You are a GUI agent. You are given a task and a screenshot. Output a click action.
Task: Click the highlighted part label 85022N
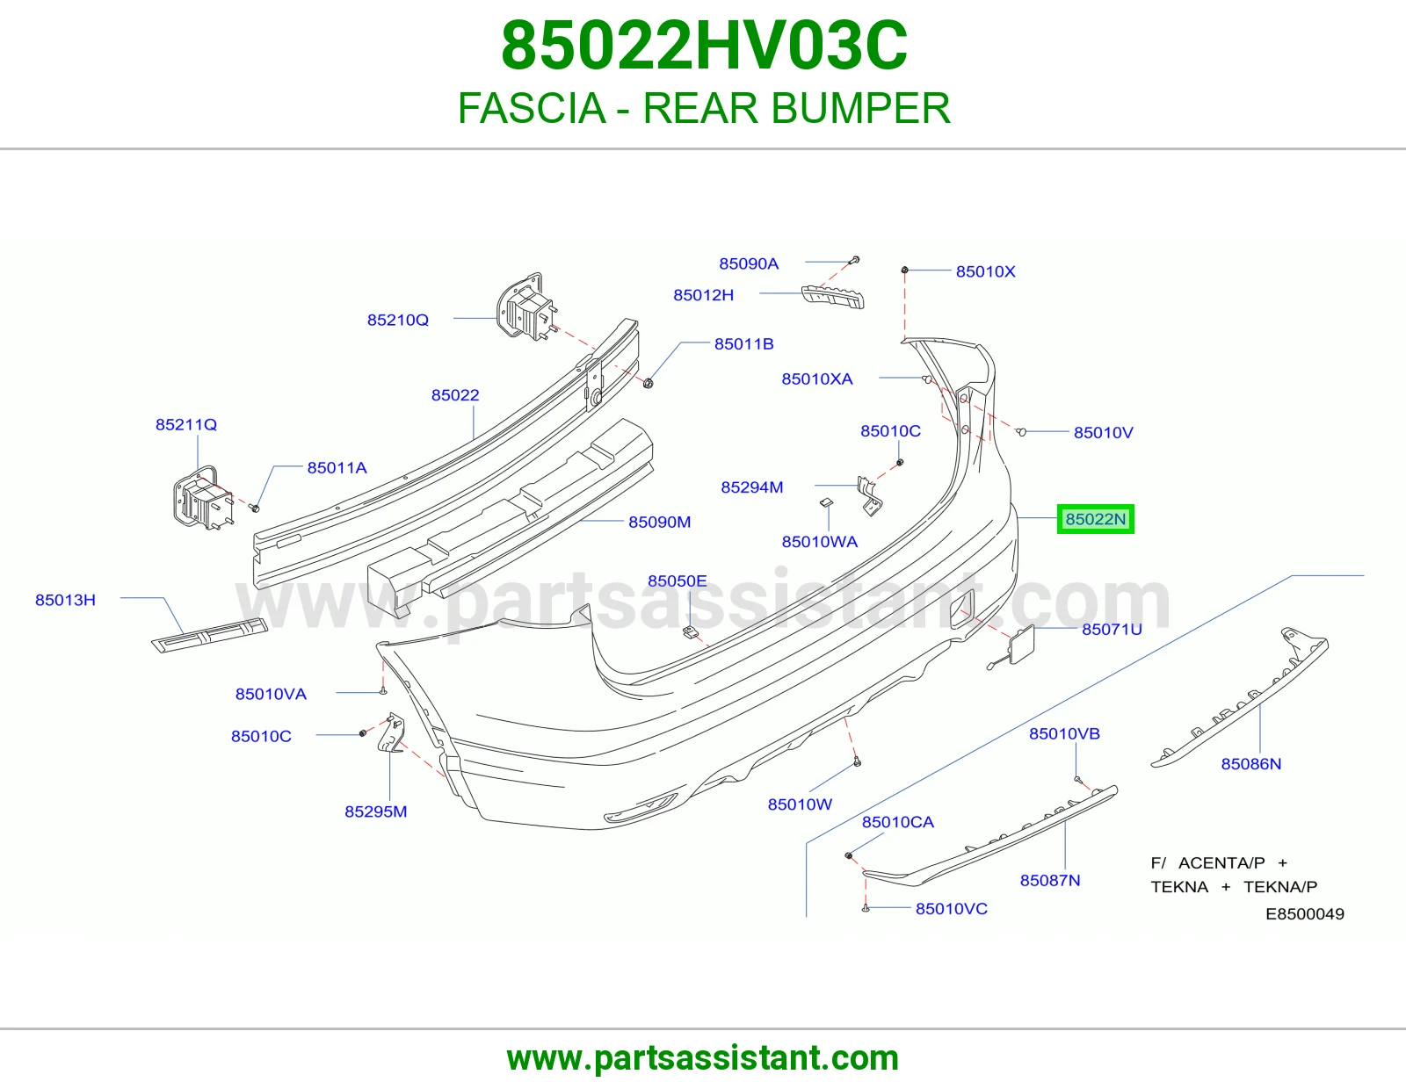click(x=1095, y=519)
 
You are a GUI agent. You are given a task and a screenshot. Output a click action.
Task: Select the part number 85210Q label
click(x=398, y=320)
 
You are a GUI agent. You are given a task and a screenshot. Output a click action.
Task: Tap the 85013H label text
click(x=65, y=600)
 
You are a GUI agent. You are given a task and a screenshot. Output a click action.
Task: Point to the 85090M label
click(x=659, y=522)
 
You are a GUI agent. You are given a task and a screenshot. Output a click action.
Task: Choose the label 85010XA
click(x=817, y=379)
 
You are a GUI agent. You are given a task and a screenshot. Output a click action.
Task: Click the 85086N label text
click(x=1250, y=764)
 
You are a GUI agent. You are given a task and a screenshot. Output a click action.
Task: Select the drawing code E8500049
click(x=1304, y=913)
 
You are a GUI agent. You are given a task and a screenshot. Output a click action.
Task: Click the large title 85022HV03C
click(x=704, y=46)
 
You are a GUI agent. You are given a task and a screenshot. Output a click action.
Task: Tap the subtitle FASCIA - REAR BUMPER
click(x=704, y=108)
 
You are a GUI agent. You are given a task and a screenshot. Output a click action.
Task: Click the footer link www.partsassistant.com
click(x=703, y=1058)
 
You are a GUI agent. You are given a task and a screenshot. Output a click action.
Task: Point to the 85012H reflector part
click(x=833, y=298)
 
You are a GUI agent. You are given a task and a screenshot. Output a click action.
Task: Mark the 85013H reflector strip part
click(x=209, y=635)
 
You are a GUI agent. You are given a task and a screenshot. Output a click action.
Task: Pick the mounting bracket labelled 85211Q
click(x=202, y=498)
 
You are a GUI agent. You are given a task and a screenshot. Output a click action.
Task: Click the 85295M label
click(x=376, y=811)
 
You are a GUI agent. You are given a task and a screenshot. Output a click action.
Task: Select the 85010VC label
click(x=951, y=909)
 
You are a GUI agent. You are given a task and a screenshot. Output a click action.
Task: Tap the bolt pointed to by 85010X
click(x=904, y=270)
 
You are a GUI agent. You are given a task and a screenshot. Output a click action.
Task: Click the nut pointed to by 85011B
click(x=649, y=384)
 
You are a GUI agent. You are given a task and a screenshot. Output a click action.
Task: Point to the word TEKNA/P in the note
click(x=1279, y=887)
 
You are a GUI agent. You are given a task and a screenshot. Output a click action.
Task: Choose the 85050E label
click(x=678, y=581)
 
